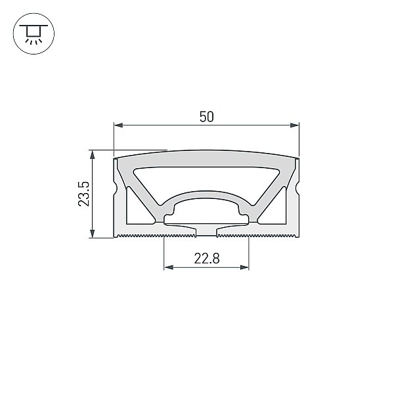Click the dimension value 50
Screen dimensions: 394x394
207,117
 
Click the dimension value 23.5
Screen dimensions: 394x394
84,194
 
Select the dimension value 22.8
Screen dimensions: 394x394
207,258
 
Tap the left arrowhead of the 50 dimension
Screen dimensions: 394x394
118,125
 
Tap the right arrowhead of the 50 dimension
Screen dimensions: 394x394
294,125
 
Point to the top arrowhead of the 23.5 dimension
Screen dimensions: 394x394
93,155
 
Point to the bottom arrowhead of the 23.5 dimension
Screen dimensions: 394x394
93,233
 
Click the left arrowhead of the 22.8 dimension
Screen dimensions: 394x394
169,267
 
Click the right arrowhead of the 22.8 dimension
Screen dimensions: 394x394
244,267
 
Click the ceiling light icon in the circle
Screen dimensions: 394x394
33,33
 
